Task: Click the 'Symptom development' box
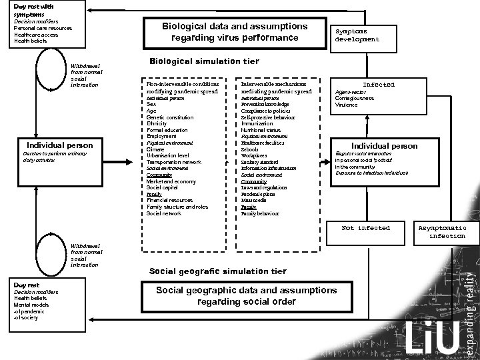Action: pyautogui.click(x=357, y=35)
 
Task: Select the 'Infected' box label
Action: pyautogui.click(x=379, y=85)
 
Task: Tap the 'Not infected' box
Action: pyautogui.click(x=365, y=228)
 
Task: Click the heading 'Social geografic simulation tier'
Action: pyautogui.click(x=218, y=271)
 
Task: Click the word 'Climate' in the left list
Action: pyautogui.click(x=156, y=149)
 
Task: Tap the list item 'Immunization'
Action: pyautogui.click(x=257, y=124)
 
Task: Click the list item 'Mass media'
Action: pyautogui.click(x=253, y=201)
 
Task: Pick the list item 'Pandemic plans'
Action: pyautogui.click(x=257, y=194)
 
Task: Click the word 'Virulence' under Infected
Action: pyautogui.click(x=346, y=105)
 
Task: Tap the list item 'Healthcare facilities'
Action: pyautogui.click(x=263, y=143)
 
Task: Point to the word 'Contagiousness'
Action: pyautogui.click(x=354, y=98)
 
